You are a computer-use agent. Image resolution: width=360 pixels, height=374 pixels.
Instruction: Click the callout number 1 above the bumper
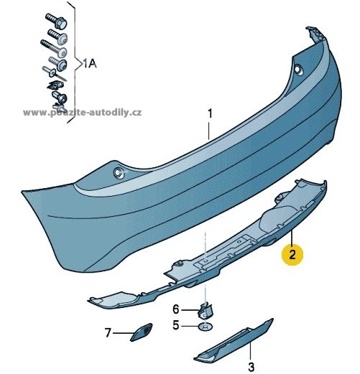pos(210,114)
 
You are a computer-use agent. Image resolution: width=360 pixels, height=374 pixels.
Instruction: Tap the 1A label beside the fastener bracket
pos(89,64)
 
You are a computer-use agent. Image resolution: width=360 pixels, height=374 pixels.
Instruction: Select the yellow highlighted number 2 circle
pos(292,254)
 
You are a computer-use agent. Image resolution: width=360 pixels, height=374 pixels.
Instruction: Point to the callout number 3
pos(251,367)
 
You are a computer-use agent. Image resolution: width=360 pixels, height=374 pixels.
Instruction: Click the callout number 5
pos(176,325)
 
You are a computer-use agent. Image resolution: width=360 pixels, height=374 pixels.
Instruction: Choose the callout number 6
pos(176,309)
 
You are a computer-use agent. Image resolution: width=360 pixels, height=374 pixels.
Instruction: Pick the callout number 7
pos(108,332)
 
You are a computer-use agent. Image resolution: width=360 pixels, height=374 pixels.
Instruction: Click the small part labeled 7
pos(142,332)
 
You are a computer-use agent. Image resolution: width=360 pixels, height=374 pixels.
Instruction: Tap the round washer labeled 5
pos(206,326)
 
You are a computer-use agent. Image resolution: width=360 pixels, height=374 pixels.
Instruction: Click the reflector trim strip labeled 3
pos(234,340)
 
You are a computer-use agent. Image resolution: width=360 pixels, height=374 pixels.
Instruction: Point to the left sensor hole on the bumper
pos(118,172)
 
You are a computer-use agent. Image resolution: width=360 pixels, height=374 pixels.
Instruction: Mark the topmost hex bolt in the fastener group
pos(56,21)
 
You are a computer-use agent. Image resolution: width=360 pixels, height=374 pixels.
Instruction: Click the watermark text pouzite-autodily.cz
pos(83,113)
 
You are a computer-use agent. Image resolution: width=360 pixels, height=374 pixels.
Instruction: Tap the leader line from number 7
pos(124,333)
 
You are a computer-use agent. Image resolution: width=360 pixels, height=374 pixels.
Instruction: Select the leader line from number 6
pos(190,310)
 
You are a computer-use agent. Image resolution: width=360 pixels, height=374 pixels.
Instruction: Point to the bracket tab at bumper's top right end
pos(315,34)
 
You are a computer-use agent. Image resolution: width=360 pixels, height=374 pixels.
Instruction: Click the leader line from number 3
pos(251,352)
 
